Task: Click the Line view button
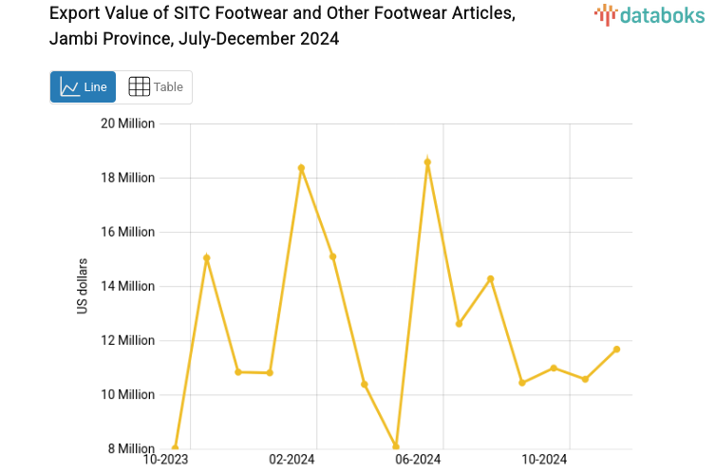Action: [83, 86]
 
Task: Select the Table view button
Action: [155, 86]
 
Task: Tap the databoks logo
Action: [649, 14]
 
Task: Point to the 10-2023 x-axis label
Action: [165, 461]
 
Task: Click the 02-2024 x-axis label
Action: [292, 461]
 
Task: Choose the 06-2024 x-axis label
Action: [418, 461]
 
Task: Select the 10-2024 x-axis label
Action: [544, 461]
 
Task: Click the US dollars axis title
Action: [84, 286]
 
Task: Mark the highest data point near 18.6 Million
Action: [427, 162]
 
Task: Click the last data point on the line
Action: [616, 350]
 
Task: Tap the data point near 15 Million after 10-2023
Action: [206, 257]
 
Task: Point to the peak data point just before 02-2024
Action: [301, 168]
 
